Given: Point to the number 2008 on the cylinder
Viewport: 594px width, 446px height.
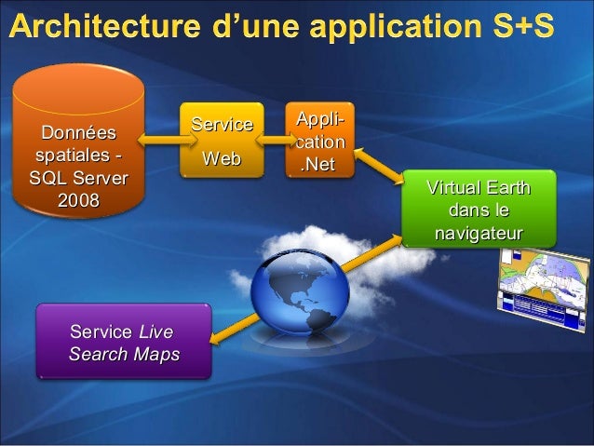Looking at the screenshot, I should (80, 200).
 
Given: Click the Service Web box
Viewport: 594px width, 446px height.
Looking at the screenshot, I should (222, 142).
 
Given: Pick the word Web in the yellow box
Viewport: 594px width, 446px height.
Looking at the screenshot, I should (222, 160).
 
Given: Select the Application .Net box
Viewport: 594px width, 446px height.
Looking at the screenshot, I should (320, 143).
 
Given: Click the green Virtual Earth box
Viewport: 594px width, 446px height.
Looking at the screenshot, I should (478, 210).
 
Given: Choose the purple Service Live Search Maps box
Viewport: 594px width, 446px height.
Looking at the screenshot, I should (124, 343).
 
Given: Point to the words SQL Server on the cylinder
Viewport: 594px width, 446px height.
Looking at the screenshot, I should (80, 179).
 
